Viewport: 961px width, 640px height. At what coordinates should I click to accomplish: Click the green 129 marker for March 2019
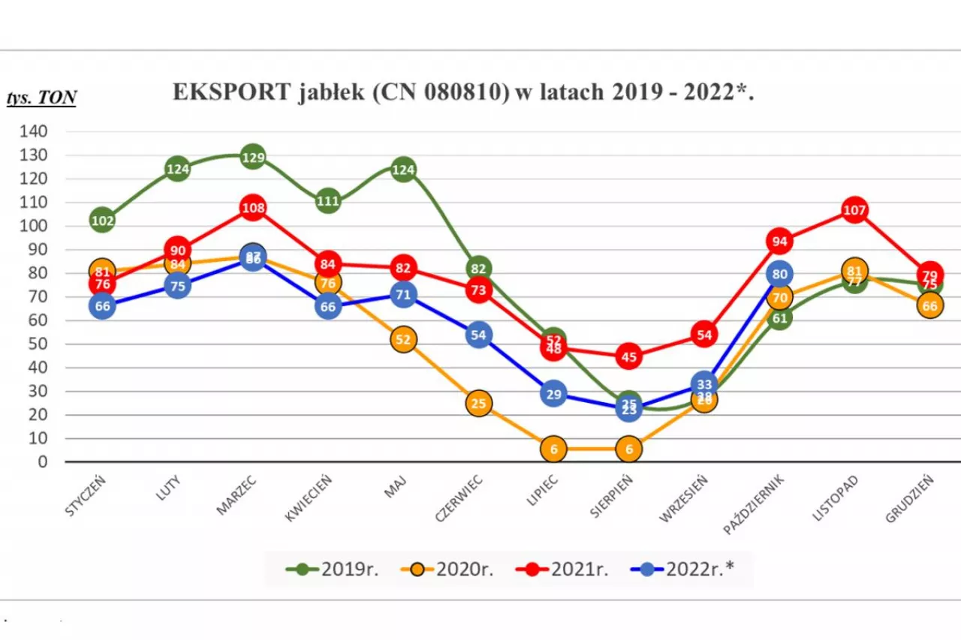(x=253, y=158)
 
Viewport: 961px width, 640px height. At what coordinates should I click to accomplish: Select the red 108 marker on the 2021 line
(x=253, y=208)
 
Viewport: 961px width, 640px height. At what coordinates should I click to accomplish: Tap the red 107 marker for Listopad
(x=854, y=210)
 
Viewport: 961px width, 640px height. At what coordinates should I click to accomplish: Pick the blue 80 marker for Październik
(x=779, y=274)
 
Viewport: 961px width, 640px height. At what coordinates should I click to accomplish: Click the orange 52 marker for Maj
(x=403, y=340)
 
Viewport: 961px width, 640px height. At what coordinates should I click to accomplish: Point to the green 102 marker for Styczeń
(x=103, y=221)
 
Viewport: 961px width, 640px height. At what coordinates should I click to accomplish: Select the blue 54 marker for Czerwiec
(x=478, y=335)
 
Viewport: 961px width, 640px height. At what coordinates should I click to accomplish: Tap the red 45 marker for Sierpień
(x=629, y=357)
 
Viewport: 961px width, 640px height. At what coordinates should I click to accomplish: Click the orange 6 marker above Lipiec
(x=553, y=449)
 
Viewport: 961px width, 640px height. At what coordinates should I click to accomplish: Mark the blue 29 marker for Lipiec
(x=553, y=395)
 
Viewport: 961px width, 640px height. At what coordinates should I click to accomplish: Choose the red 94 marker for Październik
(x=779, y=241)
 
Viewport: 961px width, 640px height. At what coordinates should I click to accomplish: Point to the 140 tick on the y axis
(x=34, y=131)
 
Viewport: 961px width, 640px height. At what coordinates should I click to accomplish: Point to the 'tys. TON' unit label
(x=41, y=98)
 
